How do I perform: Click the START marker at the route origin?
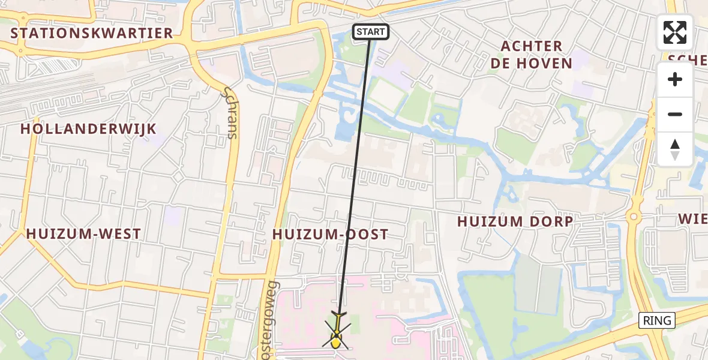pos(370,32)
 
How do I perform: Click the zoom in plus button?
pos(675,79)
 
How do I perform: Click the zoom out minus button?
pos(675,114)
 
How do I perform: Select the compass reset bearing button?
pos(675,149)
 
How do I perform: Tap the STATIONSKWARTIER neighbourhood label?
pos(92,33)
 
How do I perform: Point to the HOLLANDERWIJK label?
pos(88,129)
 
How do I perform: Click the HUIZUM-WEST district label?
pos(84,234)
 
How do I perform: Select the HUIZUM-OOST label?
pos(331,235)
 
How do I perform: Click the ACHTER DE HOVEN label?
pos(532,55)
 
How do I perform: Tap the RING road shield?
pos(657,320)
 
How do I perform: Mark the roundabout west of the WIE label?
pos(633,216)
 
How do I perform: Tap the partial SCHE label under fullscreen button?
pos(688,58)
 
